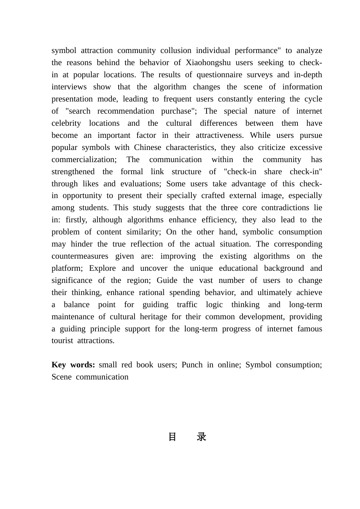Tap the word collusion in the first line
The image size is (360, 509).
coord(176,50)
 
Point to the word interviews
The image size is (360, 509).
coord(68,87)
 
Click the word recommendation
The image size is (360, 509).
coord(126,111)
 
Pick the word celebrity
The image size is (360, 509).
coord(66,123)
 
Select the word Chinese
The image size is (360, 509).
coord(147,147)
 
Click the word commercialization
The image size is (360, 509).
coord(84,159)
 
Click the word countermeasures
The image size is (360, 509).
coord(80,256)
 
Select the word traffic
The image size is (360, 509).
coord(187,304)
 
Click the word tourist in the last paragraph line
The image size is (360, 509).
coord(63,340)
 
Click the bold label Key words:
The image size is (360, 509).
coord(73,365)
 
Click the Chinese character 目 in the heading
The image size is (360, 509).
coord(172,437)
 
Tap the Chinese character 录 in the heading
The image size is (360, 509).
coord(201,437)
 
